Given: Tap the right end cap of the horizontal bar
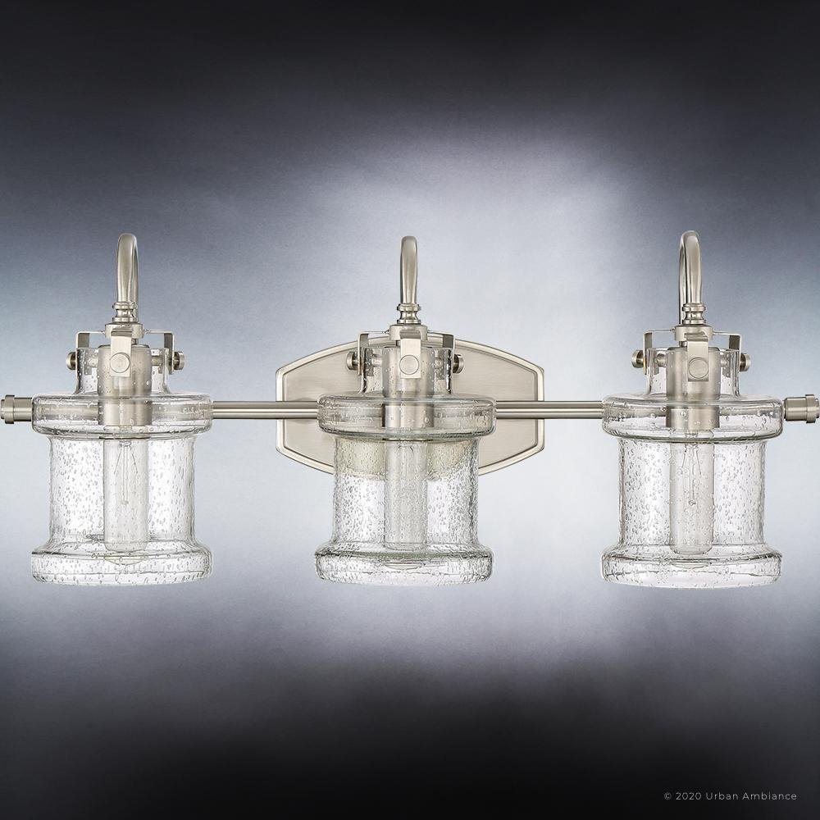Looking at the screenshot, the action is [x=801, y=408].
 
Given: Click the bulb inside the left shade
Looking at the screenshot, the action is [x=125, y=494].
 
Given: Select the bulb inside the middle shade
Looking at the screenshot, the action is [x=405, y=494].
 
